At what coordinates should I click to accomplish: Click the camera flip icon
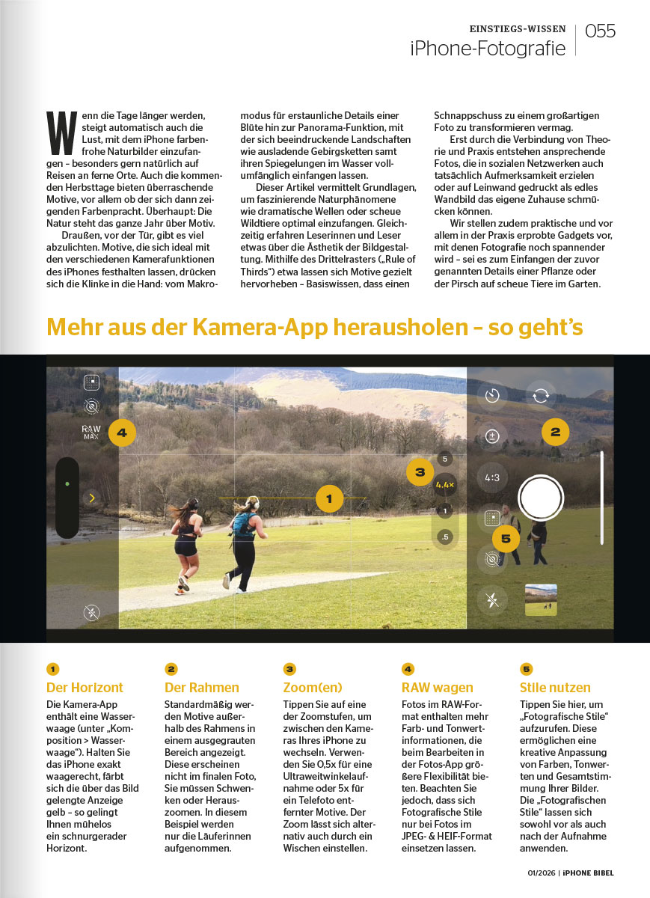(540, 396)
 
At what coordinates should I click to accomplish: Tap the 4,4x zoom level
(445, 485)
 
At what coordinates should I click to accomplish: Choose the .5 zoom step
(445, 537)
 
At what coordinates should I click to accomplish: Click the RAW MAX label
(91, 432)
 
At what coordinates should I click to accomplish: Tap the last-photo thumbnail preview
(541, 599)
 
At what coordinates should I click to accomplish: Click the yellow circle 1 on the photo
(329, 498)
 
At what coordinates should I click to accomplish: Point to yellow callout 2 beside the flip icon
(555, 432)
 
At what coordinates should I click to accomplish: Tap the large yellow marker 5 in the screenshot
(506, 538)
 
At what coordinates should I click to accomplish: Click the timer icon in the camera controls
(492, 396)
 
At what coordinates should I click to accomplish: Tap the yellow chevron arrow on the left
(91, 498)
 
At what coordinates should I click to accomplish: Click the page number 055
(600, 31)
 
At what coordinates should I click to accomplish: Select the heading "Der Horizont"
(85, 688)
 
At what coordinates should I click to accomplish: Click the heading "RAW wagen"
(438, 688)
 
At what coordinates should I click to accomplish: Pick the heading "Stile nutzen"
(555, 688)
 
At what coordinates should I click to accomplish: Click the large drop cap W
(58, 134)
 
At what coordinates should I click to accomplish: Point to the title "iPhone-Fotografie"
(487, 49)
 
